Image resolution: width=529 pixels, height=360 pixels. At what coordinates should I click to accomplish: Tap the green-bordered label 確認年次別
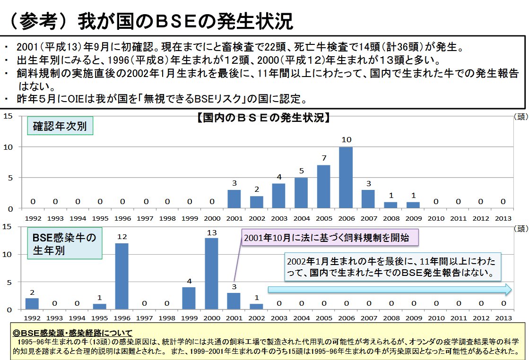click(60, 127)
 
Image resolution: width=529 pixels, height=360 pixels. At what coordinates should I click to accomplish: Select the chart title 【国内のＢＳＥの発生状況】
click(263, 118)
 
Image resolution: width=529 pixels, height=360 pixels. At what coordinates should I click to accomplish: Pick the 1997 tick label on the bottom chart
click(145, 319)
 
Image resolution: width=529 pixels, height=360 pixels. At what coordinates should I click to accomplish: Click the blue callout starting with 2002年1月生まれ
click(393, 267)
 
